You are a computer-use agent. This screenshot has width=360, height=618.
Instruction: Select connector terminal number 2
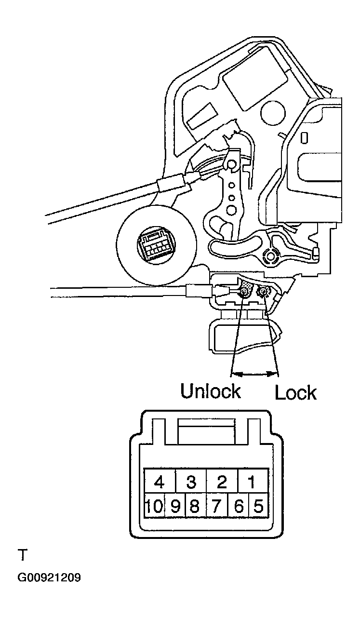pyautogui.click(x=222, y=482)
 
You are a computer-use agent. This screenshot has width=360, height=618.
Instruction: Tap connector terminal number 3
pyautogui.click(x=191, y=482)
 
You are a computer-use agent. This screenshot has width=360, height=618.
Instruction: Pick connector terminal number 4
pyautogui.click(x=160, y=482)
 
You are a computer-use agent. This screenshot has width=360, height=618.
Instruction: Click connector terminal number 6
pyautogui.click(x=237, y=507)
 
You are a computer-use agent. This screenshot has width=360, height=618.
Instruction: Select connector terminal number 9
pyautogui.click(x=175, y=507)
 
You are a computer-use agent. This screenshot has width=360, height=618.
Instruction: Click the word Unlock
pyautogui.click(x=210, y=391)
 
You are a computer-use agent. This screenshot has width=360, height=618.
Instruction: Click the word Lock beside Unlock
pyautogui.click(x=295, y=393)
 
